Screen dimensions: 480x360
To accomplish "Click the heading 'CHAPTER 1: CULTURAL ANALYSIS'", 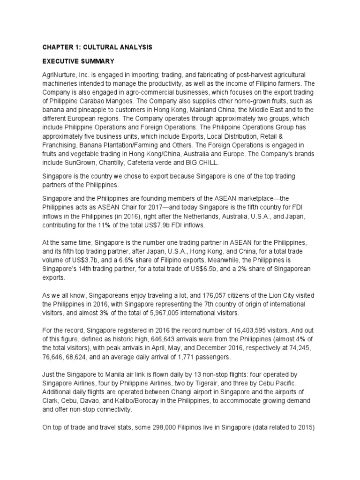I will [x=97, y=47].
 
